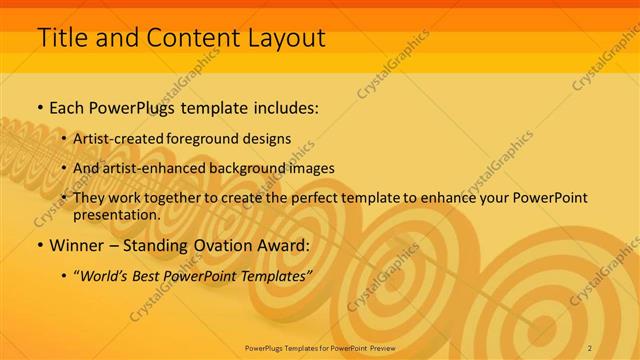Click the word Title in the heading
(x=62, y=38)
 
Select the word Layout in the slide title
(x=284, y=38)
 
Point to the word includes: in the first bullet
(x=281, y=106)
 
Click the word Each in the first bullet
(x=68, y=106)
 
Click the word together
(x=165, y=198)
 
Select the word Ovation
(x=225, y=245)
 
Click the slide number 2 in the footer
(x=590, y=347)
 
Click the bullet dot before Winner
(x=39, y=245)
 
